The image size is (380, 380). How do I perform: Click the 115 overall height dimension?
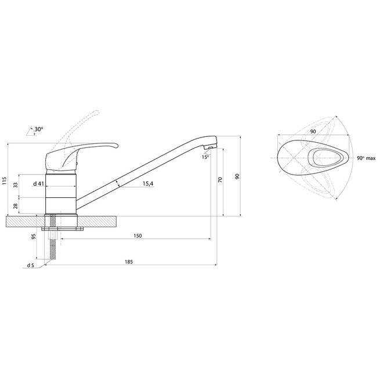tap(4, 180)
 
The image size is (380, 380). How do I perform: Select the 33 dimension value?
tap(16, 185)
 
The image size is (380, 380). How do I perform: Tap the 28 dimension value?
tap(16, 206)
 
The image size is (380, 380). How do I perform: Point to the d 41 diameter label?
tap(38, 184)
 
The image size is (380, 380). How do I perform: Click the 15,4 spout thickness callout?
tap(148, 184)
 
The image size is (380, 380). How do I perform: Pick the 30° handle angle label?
tap(38, 129)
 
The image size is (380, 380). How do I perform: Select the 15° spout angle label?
tap(205, 157)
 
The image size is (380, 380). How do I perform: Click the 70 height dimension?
tap(220, 180)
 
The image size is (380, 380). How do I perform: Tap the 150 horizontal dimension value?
tap(137, 236)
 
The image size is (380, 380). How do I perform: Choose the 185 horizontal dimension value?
tap(129, 262)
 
